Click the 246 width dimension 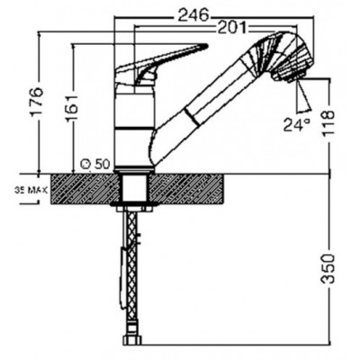(x=193, y=15)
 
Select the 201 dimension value (x=232, y=28)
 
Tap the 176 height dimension (x=38, y=103)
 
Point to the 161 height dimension (x=72, y=108)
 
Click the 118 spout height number (x=328, y=123)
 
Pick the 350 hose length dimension (x=328, y=269)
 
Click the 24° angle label (x=297, y=124)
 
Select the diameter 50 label (x=95, y=164)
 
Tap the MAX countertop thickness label (x=31, y=190)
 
